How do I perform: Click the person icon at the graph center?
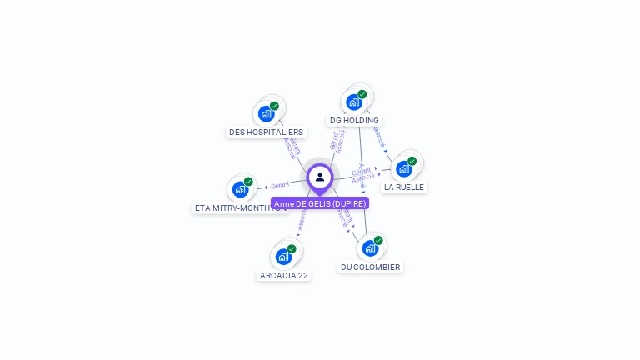click(320, 177)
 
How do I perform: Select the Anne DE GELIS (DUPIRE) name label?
click(320, 203)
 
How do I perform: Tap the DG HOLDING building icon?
click(354, 102)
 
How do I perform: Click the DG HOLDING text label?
click(354, 121)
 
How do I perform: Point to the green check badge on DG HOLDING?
click(362, 94)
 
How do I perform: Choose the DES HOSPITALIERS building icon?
click(266, 113)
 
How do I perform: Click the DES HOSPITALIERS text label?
click(266, 132)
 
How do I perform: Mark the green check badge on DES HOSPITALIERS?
click(274, 106)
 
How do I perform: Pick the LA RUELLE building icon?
click(404, 168)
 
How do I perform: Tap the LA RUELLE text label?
click(404, 187)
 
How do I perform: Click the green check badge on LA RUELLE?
click(412, 161)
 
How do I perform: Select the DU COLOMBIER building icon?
click(370, 247)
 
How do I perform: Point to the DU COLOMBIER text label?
click(370, 267)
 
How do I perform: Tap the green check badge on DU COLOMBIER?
click(378, 240)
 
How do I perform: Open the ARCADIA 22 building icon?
click(283, 256)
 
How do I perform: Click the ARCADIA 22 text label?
click(284, 275)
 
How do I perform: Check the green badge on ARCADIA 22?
click(292, 248)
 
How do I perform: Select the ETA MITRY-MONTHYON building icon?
click(240, 189)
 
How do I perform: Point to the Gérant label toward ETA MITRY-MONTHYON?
click(280, 185)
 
